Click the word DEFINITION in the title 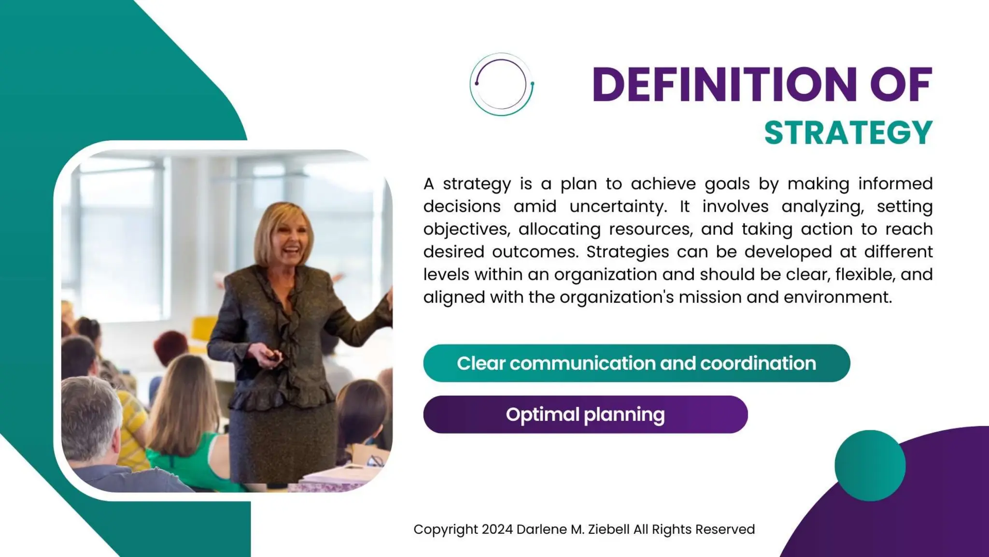click(x=724, y=85)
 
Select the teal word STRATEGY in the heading click(x=848, y=133)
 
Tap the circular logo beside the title click(x=501, y=84)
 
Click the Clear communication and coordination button click(x=636, y=363)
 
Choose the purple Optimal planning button click(x=585, y=414)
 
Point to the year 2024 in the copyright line click(x=497, y=529)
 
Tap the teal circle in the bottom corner click(x=870, y=465)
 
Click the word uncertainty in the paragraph click(x=618, y=206)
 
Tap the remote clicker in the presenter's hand click(x=274, y=357)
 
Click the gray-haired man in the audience click(x=92, y=421)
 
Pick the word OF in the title click(x=901, y=85)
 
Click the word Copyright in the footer click(x=445, y=529)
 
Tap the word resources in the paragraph click(x=650, y=229)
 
